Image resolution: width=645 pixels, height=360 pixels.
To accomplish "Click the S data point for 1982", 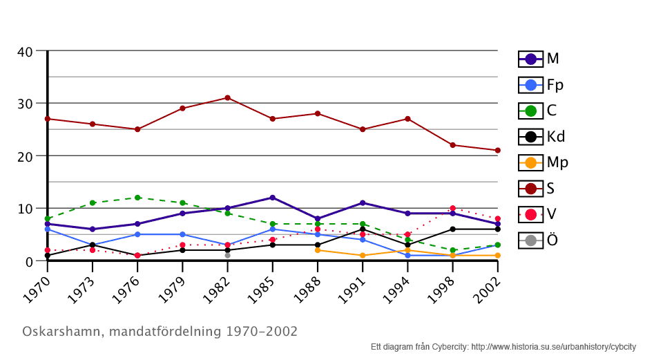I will [x=227, y=97].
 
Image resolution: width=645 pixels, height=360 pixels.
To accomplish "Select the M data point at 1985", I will [x=272, y=198].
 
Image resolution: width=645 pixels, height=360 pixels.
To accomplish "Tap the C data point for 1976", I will [x=137, y=198].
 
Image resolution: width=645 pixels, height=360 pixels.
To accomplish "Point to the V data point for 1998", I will [x=452, y=208].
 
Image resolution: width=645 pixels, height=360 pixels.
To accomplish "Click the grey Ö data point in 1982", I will [x=227, y=255].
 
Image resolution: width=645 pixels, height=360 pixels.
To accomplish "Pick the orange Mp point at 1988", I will [x=317, y=250].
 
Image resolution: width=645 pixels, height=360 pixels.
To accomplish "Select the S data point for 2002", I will [x=497, y=150].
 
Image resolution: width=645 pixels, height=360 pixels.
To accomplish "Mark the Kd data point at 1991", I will [x=363, y=229].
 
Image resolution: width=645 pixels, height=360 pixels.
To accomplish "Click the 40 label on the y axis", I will [x=26, y=52].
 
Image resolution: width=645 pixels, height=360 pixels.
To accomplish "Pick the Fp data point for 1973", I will [x=93, y=245].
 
